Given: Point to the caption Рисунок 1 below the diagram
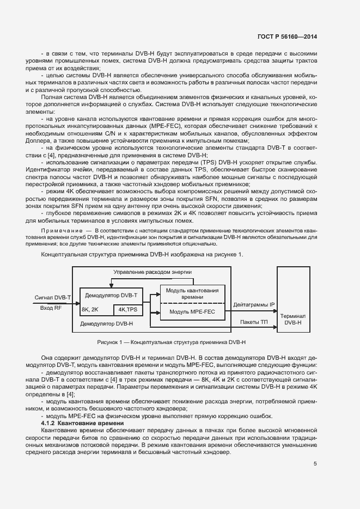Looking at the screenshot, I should [172, 342].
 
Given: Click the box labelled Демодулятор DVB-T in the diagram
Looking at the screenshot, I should [109, 295].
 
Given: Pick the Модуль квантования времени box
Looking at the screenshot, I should [192, 293].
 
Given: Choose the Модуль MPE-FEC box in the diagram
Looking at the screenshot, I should [192, 312].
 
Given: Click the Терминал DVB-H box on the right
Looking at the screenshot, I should [292, 319].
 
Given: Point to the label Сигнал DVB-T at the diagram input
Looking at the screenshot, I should [53, 298].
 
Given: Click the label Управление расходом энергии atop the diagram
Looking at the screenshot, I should [152, 272].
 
